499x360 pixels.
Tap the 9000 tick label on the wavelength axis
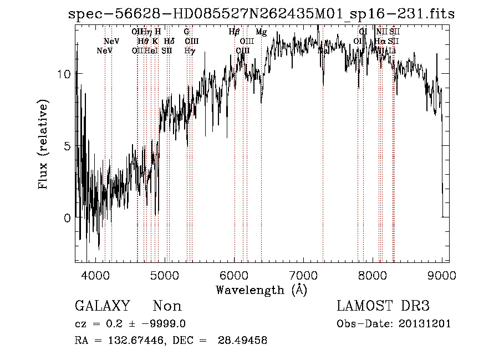tap(442, 275)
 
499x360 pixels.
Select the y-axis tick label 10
tap(64, 74)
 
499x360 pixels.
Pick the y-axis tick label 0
tap(67, 217)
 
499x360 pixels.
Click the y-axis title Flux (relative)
tap(43, 144)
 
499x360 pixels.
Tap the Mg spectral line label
tap(261, 32)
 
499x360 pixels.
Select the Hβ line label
tap(234, 32)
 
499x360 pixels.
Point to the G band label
tap(186, 32)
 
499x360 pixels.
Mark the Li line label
tap(392, 51)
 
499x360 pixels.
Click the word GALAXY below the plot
tap(103, 306)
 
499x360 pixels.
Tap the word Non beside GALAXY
tap(167, 306)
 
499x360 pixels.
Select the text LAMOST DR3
tap(383, 306)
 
